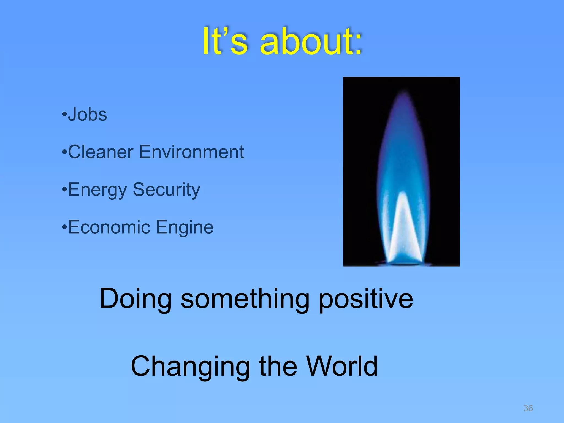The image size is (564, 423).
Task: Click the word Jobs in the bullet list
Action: tap(87, 115)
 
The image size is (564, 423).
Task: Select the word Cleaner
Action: tap(101, 152)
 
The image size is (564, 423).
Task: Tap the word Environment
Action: tap(192, 152)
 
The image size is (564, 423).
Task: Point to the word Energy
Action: tap(97, 190)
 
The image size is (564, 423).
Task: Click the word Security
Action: tap(166, 190)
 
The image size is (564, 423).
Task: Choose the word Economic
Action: tap(109, 227)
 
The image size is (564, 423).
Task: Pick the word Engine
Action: tap(185, 227)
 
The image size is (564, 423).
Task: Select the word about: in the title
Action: tap(311, 42)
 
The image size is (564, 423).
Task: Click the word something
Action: tap(245, 299)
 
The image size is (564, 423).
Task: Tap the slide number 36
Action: tap(528, 408)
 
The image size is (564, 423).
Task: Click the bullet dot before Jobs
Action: tap(64, 114)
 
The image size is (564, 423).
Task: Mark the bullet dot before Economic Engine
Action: tap(64, 227)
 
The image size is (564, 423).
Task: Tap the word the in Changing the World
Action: tap(278, 366)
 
